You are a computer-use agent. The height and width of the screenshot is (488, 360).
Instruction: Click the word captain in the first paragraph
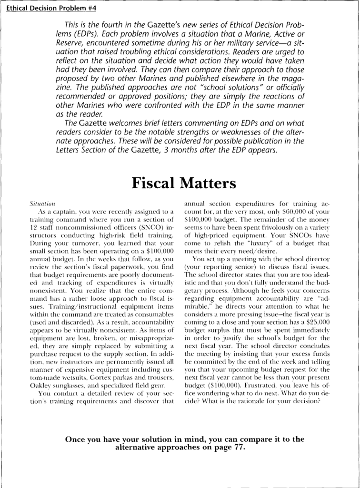tap(62, 211)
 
